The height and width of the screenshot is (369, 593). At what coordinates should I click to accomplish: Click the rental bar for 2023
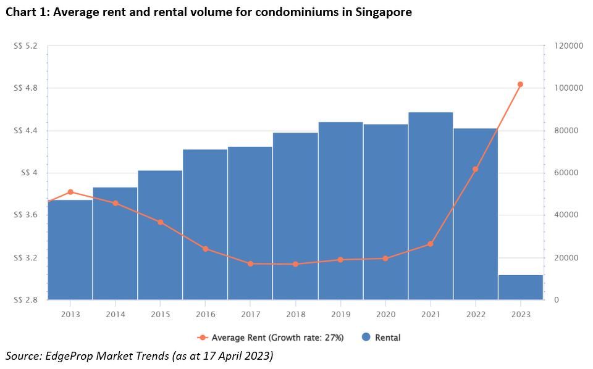pos(521,288)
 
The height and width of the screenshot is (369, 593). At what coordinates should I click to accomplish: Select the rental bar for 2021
pos(431,206)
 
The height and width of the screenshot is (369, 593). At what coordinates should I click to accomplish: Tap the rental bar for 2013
pos(70,250)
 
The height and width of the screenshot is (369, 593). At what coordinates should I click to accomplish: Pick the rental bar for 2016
pos(205,225)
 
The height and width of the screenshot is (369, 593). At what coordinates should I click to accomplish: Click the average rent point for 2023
pos(520,85)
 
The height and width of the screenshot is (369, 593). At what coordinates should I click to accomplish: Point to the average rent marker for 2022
pos(475,169)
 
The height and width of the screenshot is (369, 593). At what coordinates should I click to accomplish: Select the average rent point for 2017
pos(250,263)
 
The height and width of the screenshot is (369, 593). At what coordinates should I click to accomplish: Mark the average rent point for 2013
pos(70,192)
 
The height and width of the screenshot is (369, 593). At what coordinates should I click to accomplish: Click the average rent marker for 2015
pos(160,222)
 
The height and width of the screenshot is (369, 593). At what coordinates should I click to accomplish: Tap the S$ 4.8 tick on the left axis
pos(25,88)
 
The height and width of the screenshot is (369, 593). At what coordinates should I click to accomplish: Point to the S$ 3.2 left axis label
pos(25,258)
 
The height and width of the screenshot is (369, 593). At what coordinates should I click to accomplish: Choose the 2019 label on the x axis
pos(340,313)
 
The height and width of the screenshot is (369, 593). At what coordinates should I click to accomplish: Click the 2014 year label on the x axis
pos(115,313)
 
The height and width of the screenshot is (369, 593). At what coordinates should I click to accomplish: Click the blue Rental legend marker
pos(366,338)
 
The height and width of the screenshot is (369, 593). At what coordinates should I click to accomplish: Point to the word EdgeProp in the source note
pos(67,356)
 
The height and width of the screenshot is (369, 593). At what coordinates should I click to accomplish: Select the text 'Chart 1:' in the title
pos(27,12)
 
